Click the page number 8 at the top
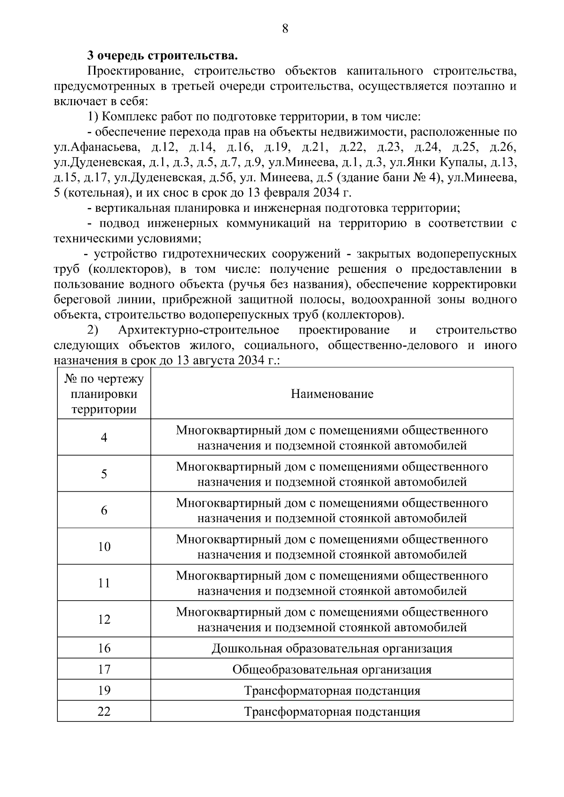pos(285,29)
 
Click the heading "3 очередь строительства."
pos(162,56)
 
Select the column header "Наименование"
pos(332,394)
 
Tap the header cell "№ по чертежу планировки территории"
pos(104,394)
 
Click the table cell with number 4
pos(104,438)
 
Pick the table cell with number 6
pos(104,511)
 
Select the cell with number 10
pos(104,547)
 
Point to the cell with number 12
pos(104,619)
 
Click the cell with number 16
pos(104,649)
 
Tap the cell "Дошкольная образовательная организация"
pos(332,649)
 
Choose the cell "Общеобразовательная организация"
pos(332,669)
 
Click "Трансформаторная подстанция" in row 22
pos(332,712)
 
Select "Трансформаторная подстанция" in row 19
pos(332,690)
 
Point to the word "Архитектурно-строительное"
pos(199,330)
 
